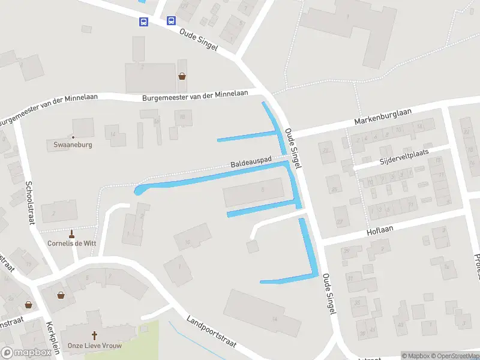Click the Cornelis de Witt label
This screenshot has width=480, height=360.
[x=71, y=243]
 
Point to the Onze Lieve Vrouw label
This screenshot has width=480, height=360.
[x=94, y=346]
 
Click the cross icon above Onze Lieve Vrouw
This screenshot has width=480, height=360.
[x=94, y=335]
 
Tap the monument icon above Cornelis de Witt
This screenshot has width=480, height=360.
[x=72, y=233]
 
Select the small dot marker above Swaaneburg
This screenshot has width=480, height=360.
[x=73, y=137]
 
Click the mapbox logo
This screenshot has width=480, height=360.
[x=26, y=352]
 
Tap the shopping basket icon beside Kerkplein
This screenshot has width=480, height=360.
[x=61, y=295]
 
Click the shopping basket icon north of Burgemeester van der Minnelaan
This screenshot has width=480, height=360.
[x=182, y=76]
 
